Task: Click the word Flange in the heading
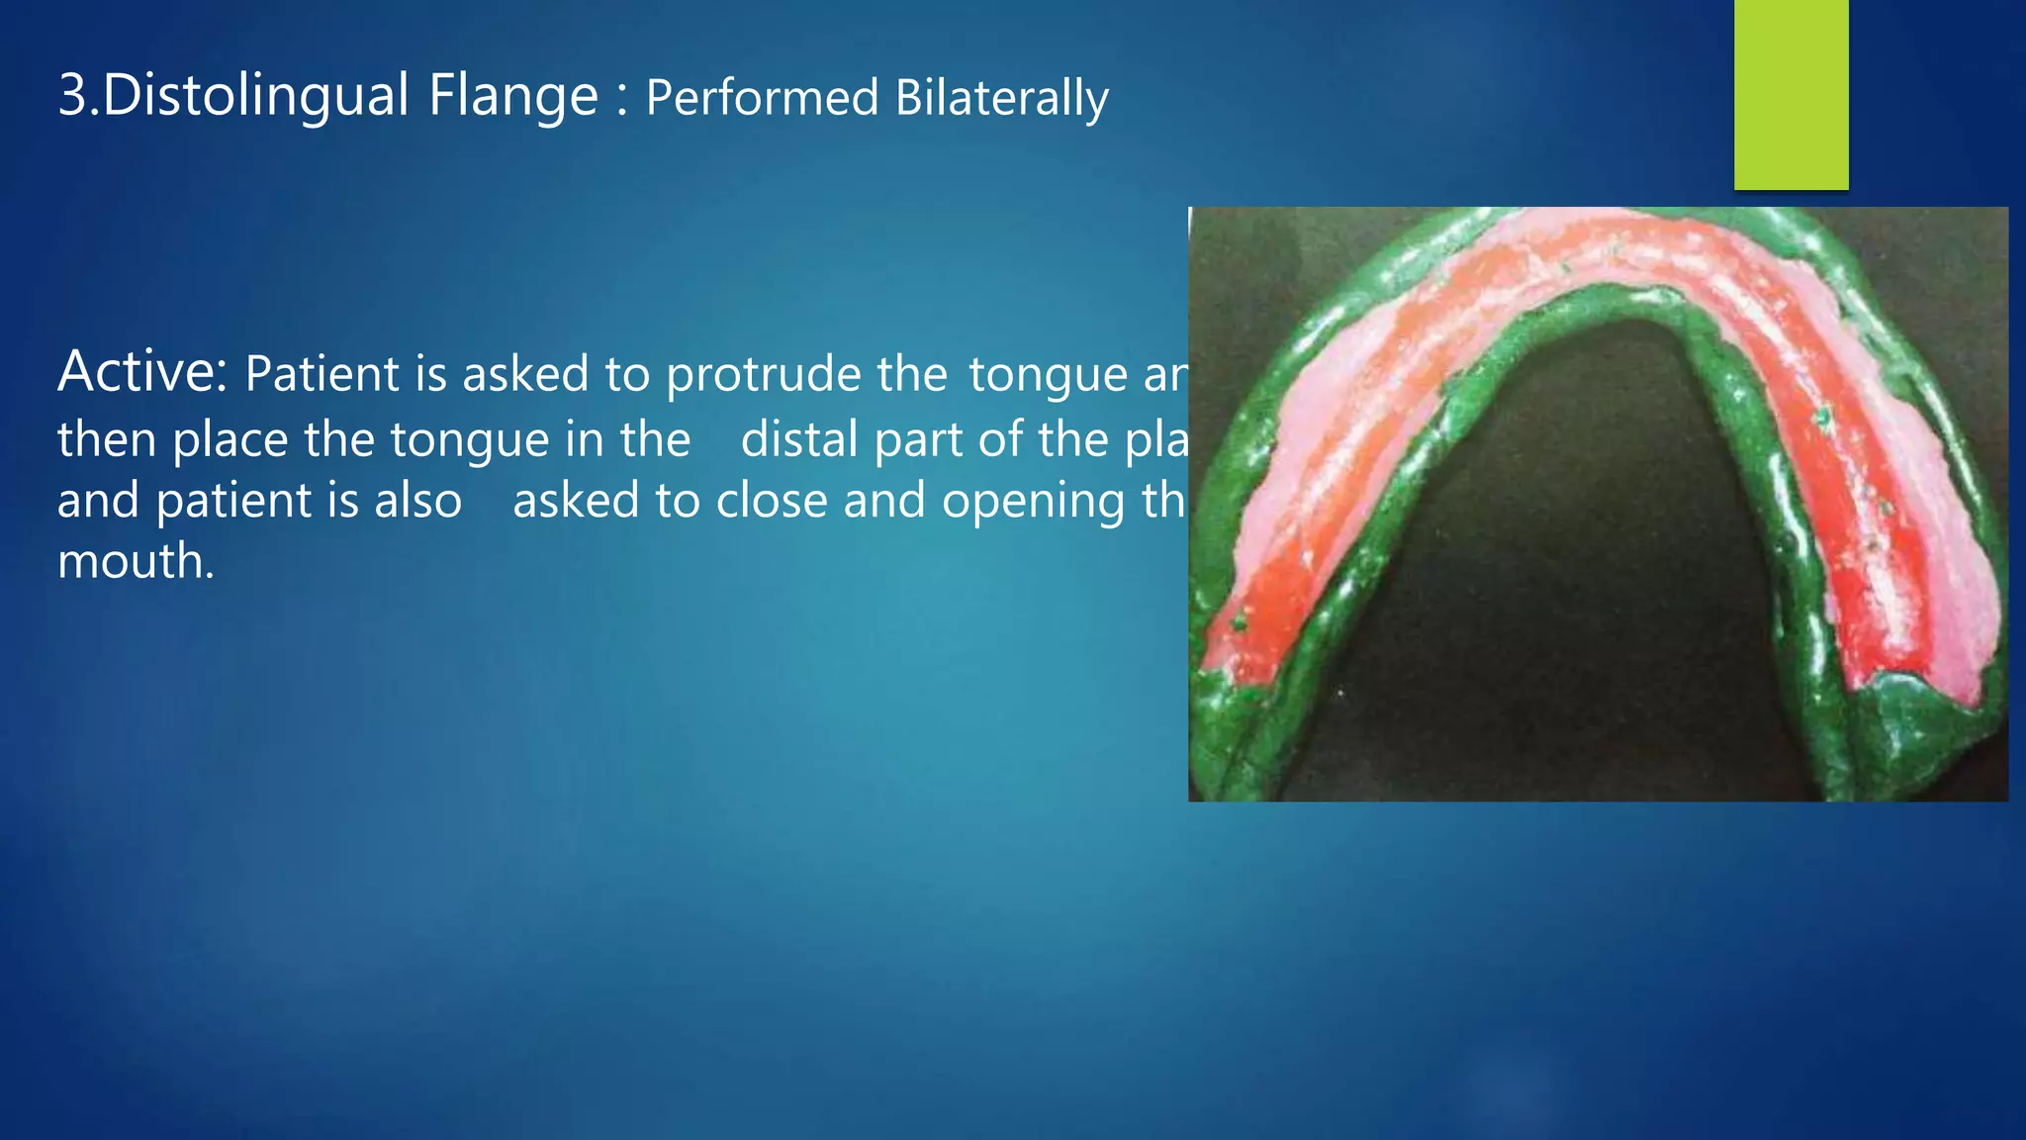pos(513,96)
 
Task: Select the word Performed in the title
pos(762,98)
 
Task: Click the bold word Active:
pos(143,372)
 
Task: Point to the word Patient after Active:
pos(322,374)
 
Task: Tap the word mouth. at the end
pos(136,561)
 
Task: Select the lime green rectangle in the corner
pos(1791,94)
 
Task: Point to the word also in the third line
pos(418,500)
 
